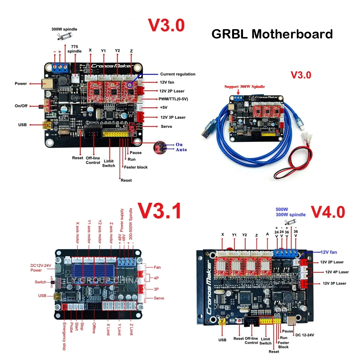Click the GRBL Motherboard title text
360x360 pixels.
pos(272,34)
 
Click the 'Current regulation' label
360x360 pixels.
pos(177,74)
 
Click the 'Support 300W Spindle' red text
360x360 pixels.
pos(245,86)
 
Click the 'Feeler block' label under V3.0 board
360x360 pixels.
pos(136,167)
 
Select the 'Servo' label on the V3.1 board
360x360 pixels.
pos(159,298)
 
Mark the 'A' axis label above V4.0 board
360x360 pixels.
pos(267,234)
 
